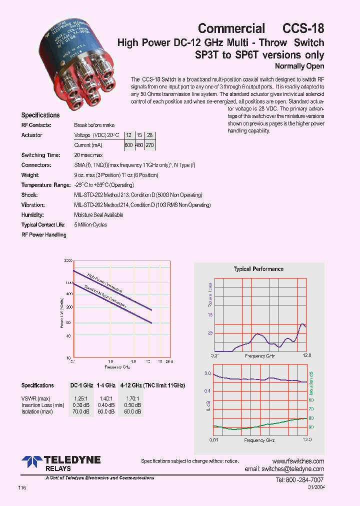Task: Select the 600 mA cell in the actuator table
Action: (x=129, y=145)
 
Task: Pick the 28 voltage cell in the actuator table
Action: (x=149, y=135)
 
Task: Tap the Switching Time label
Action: (x=41, y=155)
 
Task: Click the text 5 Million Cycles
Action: (x=90, y=225)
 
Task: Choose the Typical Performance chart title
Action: (x=258, y=269)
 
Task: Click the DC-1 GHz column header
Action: (x=81, y=385)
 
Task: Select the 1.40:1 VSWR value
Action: (x=105, y=398)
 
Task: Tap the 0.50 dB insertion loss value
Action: (x=132, y=405)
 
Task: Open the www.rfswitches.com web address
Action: (x=298, y=461)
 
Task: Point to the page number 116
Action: (x=22, y=487)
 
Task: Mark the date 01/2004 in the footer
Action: (x=316, y=487)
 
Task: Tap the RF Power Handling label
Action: (x=43, y=235)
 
